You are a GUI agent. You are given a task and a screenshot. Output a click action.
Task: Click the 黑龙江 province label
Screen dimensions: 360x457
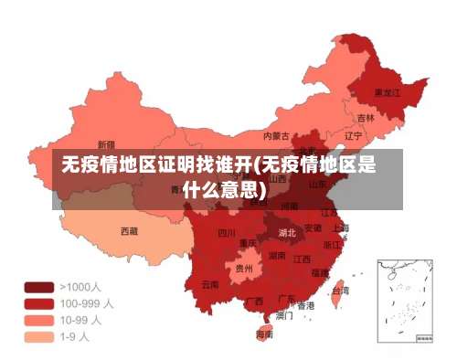click(388, 92)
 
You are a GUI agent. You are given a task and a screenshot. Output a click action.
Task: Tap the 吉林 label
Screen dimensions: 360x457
click(366, 117)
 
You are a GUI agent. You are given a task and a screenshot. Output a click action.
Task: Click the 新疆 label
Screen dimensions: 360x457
click(106, 144)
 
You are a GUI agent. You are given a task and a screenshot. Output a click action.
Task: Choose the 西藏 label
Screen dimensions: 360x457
click(130, 231)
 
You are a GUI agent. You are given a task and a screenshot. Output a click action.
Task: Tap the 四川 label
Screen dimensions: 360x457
click(227, 233)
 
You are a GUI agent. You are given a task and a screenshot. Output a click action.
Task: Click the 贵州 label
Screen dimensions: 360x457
click(243, 269)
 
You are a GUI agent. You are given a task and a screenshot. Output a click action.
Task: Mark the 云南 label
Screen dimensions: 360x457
click(210, 284)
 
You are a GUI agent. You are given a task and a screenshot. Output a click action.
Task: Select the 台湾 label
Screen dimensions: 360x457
click(339, 290)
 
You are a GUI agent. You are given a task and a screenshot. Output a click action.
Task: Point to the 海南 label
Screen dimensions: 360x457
click(264, 334)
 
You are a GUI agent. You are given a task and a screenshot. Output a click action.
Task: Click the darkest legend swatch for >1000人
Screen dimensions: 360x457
click(38, 287)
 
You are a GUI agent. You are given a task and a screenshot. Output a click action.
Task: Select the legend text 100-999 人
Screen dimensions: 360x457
click(87, 302)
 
